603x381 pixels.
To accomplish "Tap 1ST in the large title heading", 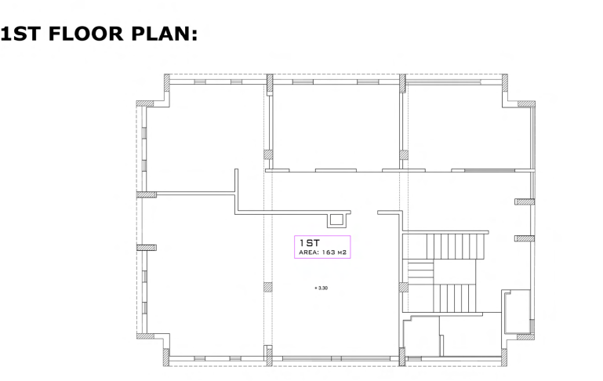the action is point(20,34).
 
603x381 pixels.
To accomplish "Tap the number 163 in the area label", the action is point(329,252).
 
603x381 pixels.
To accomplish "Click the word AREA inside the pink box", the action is point(308,252).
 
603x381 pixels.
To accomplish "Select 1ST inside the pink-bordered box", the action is point(310,243).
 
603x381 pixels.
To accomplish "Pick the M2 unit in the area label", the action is point(342,252).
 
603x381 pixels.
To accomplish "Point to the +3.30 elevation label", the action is point(321,288).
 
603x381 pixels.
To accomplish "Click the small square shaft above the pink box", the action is point(336,220).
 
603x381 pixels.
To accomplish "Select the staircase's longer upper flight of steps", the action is point(456,246).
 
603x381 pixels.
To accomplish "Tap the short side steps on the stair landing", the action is point(421,271).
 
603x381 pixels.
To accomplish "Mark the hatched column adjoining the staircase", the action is point(403,287).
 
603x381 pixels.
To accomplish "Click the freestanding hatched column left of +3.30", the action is point(268,287).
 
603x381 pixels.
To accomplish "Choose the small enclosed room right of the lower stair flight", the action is point(518,311).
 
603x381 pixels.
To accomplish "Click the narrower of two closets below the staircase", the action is point(421,336).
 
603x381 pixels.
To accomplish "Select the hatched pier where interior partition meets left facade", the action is point(147,194).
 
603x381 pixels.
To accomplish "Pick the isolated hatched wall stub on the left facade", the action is point(147,248).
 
